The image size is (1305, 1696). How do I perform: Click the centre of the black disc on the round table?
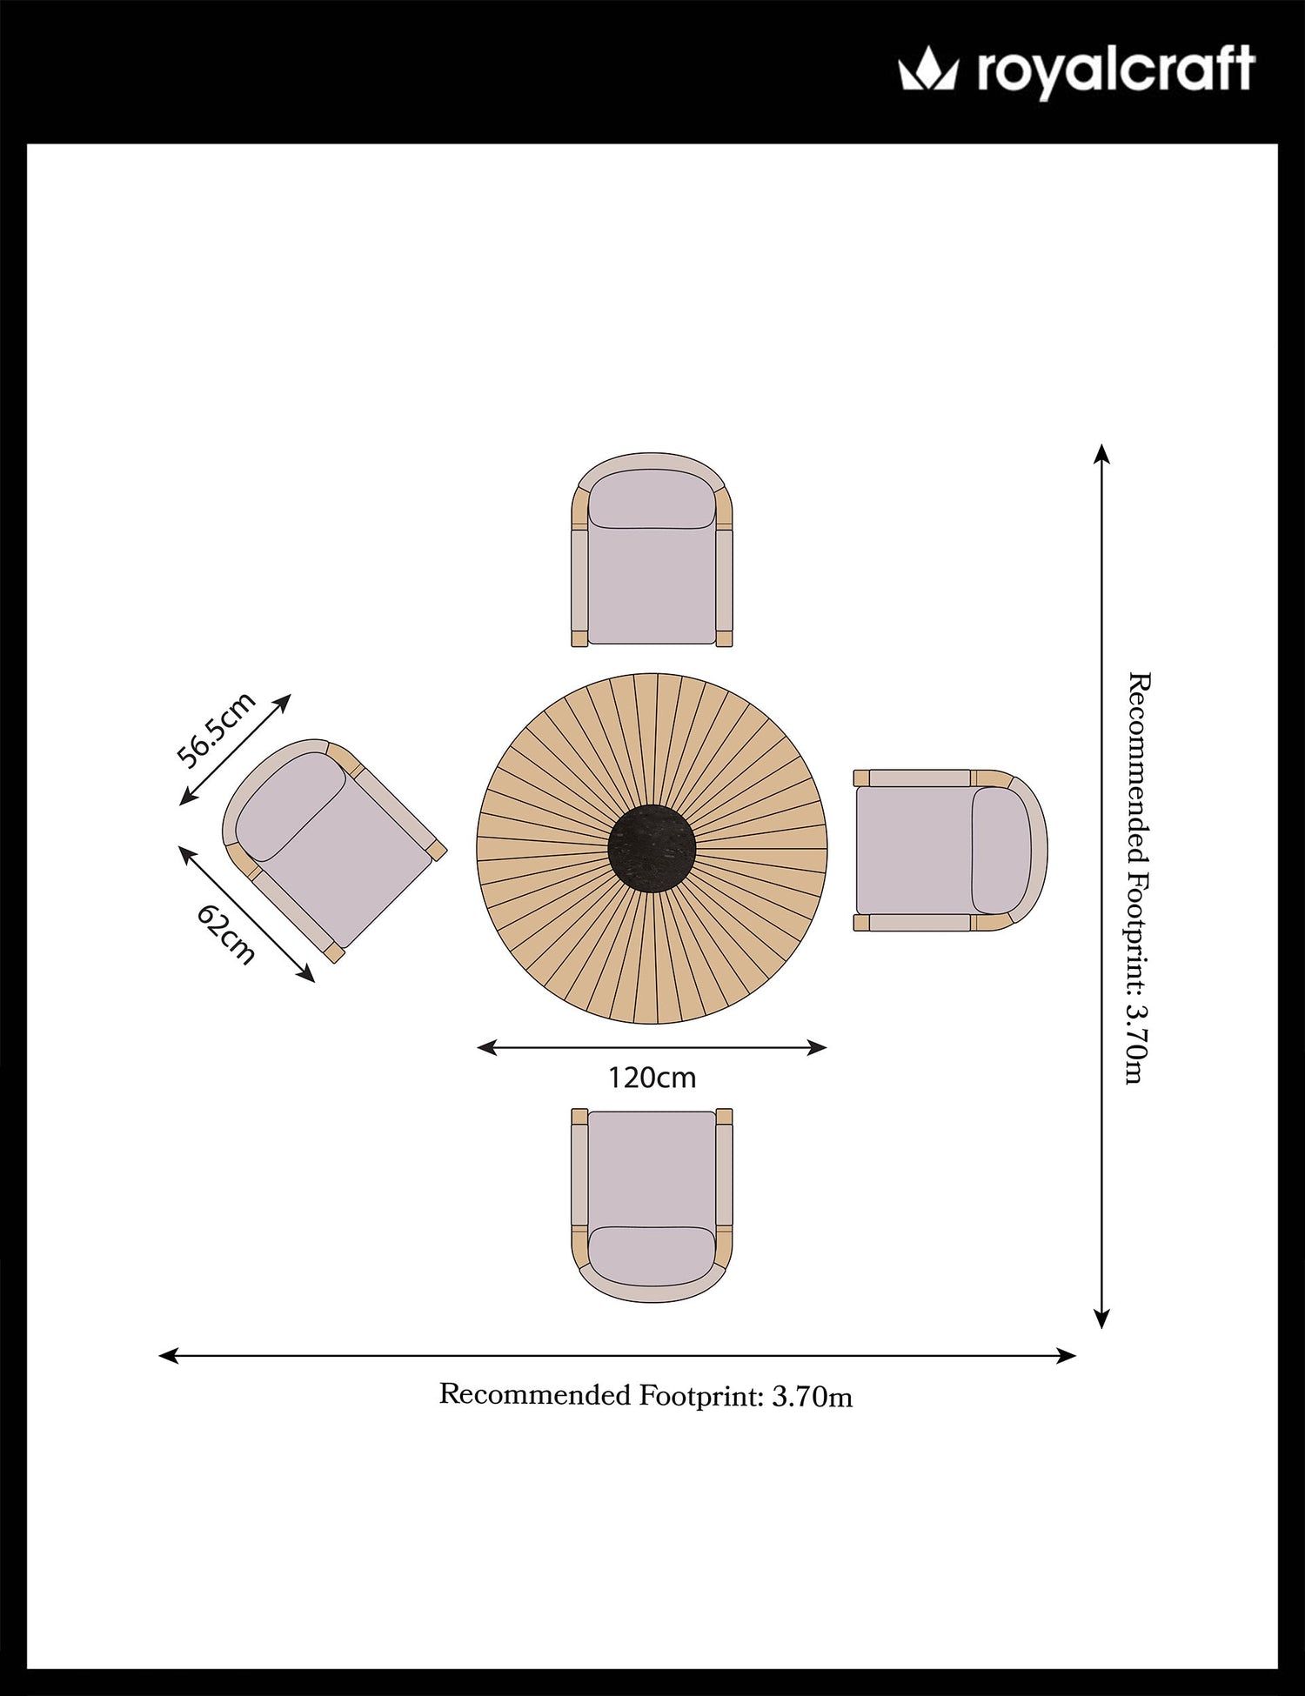[x=652, y=848]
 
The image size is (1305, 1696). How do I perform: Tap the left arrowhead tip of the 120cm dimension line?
[x=478, y=1048]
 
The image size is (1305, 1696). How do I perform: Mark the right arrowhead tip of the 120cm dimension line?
[x=827, y=1048]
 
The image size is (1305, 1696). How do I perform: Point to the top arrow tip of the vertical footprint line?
[x=1101, y=444]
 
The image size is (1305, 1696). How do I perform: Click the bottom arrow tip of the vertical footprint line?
[x=1101, y=1328]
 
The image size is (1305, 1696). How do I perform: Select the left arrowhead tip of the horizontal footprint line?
[x=159, y=1355]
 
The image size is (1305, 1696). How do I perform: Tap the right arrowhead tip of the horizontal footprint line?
[x=1077, y=1355]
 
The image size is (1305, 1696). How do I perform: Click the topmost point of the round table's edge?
[x=652, y=672]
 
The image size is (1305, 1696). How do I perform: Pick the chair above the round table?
[x=652, y=550]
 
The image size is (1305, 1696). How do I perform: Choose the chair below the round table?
[x=652, y=1205]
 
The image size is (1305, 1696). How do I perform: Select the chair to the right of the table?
[x=950, y=851]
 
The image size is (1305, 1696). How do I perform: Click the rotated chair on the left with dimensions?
[x=334, y=851]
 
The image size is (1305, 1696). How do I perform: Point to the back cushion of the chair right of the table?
[x=1001, y=851]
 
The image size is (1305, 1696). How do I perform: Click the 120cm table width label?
[x=652, y=1078]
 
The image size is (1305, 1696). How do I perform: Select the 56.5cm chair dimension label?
[x=216, y=729]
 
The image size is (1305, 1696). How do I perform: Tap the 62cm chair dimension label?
[x=226, y=934]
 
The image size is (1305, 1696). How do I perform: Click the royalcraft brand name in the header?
[x=1116, y=70]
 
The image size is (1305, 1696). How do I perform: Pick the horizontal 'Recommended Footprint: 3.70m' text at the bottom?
[x=646, y=1395]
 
